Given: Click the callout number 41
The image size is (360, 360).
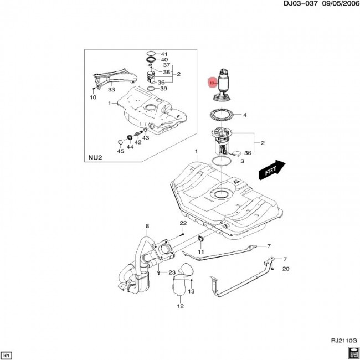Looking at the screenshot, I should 164,54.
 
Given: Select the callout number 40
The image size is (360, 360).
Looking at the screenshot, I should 164,60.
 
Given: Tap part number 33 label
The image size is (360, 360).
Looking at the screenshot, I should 111,89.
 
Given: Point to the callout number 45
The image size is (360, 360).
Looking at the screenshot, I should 120,151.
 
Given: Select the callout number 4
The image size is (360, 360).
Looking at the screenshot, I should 245,116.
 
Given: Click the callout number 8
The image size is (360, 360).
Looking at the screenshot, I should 148,226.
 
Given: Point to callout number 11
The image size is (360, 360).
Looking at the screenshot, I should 201,252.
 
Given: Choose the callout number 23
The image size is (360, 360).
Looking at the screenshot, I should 172,272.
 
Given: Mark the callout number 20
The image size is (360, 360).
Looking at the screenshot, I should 286,269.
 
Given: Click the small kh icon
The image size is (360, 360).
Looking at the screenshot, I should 7,354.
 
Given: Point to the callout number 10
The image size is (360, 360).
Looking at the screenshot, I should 93,97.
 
